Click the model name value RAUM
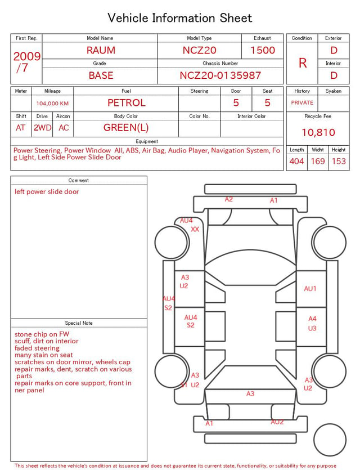coord(101,50)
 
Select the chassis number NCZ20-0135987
coord(220,75)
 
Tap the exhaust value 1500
coord(263,50)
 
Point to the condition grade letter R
coord(303,63)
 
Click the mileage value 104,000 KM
coord(52,104)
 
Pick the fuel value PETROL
coord(127,103)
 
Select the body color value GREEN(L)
coord(126,128)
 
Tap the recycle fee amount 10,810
coord(318,132)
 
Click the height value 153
coord(339,161)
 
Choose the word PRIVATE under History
coord(302,102)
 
